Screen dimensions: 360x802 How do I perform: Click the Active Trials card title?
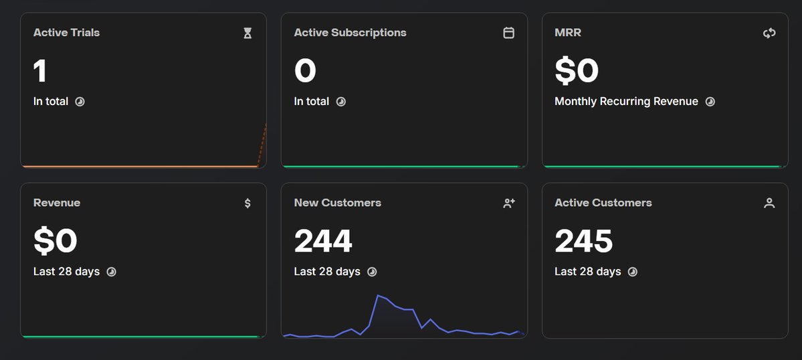coord(66,32)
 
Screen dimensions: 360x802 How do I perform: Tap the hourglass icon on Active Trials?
coord(247,33)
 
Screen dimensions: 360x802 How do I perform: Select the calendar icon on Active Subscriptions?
coord(508,33)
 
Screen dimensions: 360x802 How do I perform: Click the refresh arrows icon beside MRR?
coord(769,33)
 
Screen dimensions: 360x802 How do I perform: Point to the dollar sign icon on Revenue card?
coord(247,203)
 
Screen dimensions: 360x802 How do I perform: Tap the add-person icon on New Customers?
coord(508,203)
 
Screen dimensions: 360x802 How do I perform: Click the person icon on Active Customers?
coord(769,203)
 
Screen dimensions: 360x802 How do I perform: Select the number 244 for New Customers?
coord(323,241)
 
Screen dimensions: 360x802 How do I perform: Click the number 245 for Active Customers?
coord(583,241)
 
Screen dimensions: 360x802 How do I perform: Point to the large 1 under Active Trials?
coord(40,71)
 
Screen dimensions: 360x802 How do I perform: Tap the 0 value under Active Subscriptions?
coord(305,71)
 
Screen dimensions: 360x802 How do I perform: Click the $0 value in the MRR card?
coord(577,71)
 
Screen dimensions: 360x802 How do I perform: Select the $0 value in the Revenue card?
coord(56,241)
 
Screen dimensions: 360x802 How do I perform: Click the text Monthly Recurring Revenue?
coord(626,102)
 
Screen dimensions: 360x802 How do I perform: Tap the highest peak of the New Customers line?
coord(379,295)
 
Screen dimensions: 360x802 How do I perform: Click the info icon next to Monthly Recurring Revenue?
coord(710,102)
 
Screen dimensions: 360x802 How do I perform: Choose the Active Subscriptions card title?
coord(350,32)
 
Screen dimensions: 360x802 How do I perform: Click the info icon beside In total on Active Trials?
coord(80,102)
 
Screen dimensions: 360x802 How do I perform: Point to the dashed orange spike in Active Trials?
coord(263,144)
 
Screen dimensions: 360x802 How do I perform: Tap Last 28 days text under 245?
coord(587,272)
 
